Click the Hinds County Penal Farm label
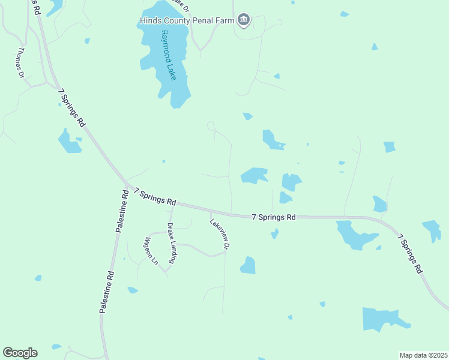coord(186,21)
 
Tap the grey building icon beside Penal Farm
coord(243,21)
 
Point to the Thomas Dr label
coord(20,62)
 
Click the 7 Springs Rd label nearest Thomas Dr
coord(71,108)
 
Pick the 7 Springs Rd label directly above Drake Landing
coord(155,196)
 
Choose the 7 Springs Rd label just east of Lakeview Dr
coord(274,217)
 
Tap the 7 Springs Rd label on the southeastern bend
coord(411,254)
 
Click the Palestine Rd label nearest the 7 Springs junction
coord(122,211)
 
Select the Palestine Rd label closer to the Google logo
coord(106,292)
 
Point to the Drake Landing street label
coord(172,243)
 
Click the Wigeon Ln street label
coord(149,251)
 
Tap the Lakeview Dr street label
coord(220,233)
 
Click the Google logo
coord(20,353)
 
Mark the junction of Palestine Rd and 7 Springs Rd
coord(127,183)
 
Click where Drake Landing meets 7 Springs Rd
coord(172,204)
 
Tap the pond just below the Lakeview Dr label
coord(248,265)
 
